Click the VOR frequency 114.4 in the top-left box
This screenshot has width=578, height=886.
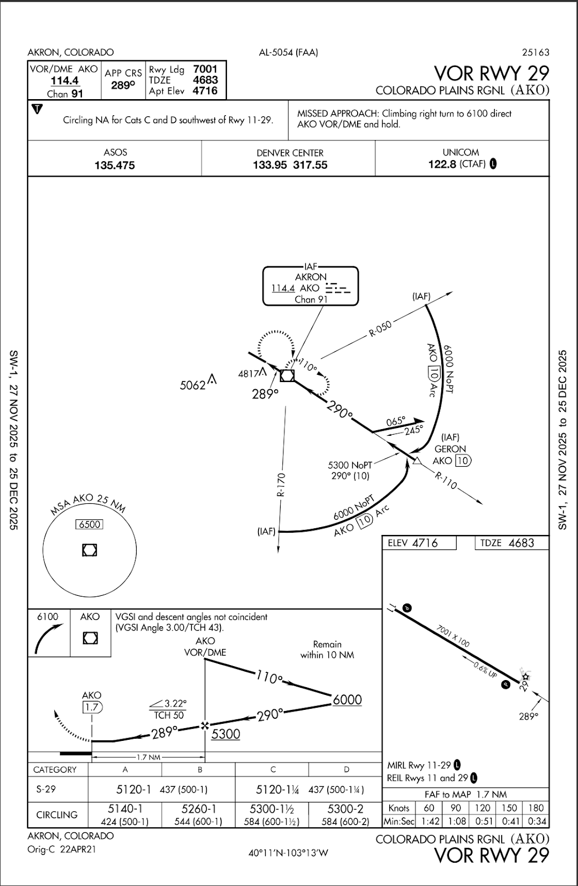(64, 81)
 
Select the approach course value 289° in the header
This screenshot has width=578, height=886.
(123, 85)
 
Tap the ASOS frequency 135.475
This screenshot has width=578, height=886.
(115, 165)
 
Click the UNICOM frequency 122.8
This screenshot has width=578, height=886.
(442, 164)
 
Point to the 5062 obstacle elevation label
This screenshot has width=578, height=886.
(193, 385)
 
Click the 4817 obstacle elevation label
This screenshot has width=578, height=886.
(249, 374)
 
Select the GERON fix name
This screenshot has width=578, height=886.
(450, 449)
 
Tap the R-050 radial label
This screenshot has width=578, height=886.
(380, 329)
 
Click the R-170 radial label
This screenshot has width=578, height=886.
(281, 485)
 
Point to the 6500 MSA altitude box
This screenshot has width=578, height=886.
(90, 524)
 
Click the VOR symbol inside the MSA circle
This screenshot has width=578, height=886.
(90, 550)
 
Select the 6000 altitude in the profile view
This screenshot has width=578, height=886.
(347, 700)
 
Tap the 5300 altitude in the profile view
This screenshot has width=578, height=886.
(226, 734)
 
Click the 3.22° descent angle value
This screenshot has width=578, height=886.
(175, 703)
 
